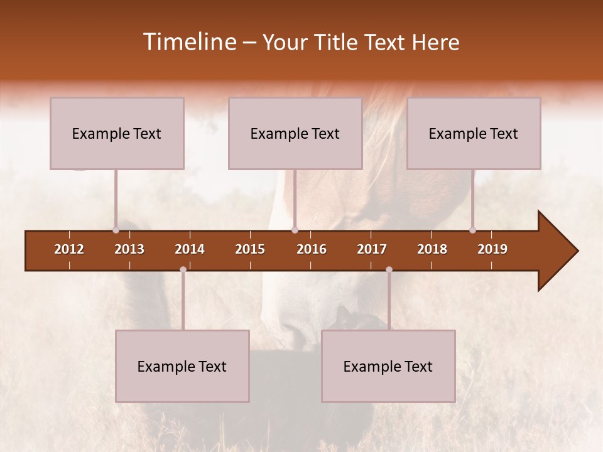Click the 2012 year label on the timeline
[x=69, y=249]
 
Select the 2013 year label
[x=129, y=249]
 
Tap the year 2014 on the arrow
[x=190, y=249]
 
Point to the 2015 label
[x=250, y=249]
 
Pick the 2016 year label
[x=312, y=249]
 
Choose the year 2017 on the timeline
[x=372, y=249]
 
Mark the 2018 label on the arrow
[x=432, y=249]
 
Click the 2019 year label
[x=492, y=249]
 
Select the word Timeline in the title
[x=188, y=42]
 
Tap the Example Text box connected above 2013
[x=117, y=133]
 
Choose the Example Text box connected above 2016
[x=295, y=133]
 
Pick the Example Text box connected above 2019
[x=474, y=133]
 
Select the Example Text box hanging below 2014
[x=182, y=366]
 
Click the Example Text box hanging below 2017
[x=388, y=366]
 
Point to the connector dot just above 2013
[x=116, y=230]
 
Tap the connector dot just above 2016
[x=295, y=230]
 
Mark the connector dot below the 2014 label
[x=183, y=269]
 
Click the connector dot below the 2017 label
[x=389, y=269]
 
